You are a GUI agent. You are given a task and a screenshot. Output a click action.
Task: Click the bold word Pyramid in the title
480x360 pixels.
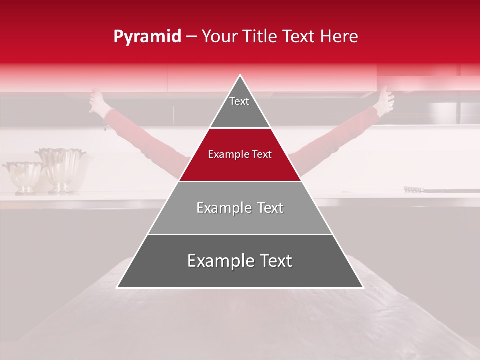147,37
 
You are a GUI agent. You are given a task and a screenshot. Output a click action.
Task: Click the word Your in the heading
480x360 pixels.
220,37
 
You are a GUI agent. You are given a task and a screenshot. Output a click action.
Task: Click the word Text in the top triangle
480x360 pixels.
239,101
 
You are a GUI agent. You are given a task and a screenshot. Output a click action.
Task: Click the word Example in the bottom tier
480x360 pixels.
220,261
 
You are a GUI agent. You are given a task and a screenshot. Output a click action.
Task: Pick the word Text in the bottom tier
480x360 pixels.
274,261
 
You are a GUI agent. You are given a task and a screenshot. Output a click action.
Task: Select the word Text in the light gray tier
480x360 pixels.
267,208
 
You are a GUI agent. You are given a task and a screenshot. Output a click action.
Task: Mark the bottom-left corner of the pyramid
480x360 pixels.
117,287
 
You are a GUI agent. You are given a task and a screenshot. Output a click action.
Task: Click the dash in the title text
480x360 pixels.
191,37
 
